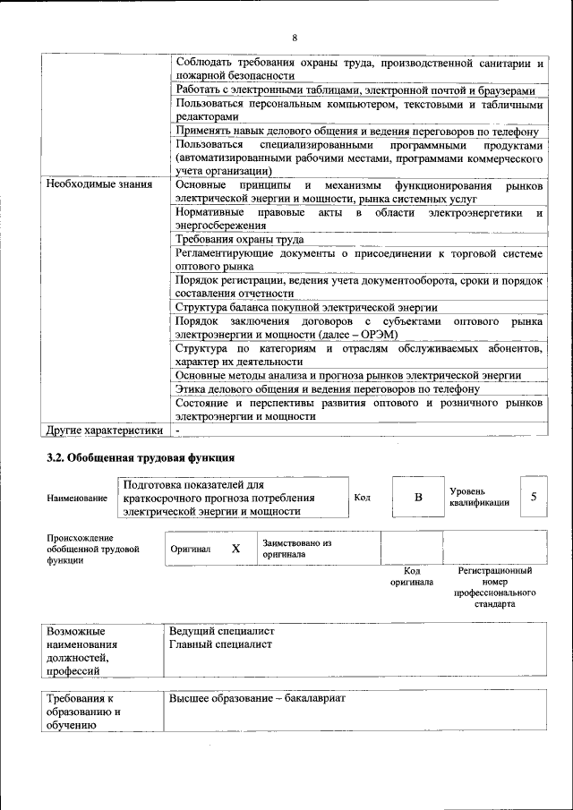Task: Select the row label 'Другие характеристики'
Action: (104, 430)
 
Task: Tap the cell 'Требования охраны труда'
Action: (239, 240)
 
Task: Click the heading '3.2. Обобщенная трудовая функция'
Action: (141, 458)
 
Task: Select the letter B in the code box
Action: (417, 497)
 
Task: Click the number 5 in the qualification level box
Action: (534, 497)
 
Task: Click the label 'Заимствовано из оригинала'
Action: (297, 549)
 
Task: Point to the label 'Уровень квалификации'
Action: (479, 497)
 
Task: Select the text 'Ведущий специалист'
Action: (221, 631)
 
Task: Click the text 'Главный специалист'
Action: (219, 644)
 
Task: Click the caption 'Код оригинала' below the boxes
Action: (411, 576)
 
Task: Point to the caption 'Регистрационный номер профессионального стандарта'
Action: (494, 586)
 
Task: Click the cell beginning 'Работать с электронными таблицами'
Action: (355, 91)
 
